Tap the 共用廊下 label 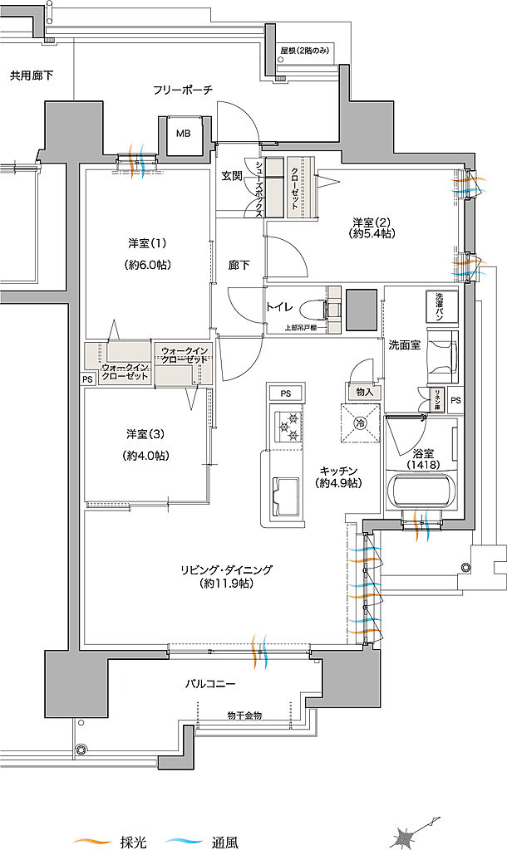point(32,76)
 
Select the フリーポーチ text point(183,89)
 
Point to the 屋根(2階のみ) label point(307,50)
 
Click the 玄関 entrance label point(231,175)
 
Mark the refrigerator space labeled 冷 point(360,423)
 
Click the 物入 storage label point(363,391)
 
